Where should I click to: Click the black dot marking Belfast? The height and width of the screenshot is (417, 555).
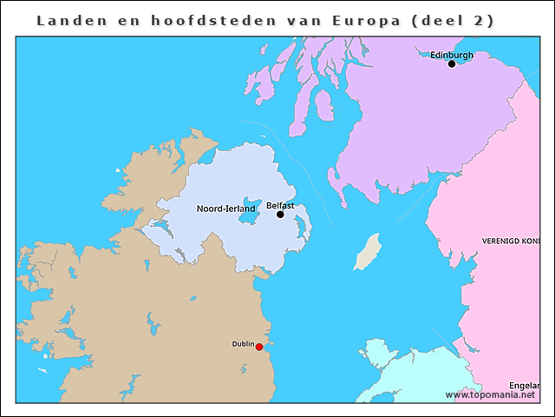click(280, 215)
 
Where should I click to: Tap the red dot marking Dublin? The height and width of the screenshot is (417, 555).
click(259, 347)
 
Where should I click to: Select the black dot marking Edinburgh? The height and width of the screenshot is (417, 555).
click(451, 63)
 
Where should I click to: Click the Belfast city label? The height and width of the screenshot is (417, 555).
click(280, 205)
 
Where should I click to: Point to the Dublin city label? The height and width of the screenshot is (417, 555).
click(243, 344)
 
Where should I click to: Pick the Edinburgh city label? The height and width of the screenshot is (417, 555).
click(452, 55)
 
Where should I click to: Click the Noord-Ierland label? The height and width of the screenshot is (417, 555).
click(225, 208)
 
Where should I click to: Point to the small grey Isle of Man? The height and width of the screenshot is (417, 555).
click(368, 251)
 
